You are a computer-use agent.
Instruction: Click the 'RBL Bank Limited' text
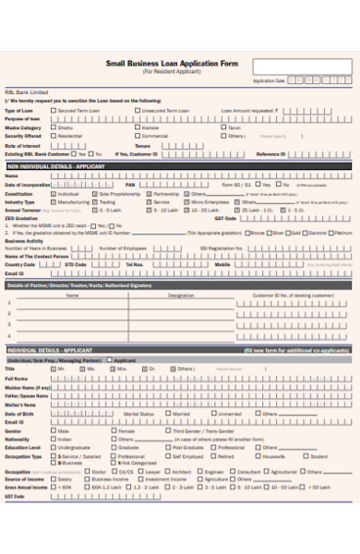(x=23, y=92)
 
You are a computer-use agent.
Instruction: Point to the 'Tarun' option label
(x=234, y=127)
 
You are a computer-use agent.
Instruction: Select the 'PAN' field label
(x=130, y=185)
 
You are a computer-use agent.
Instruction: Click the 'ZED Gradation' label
(x=19, y=218)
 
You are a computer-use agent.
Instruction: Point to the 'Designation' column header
(x=181, y=295)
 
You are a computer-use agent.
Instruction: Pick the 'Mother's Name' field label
(x=19, y=404)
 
